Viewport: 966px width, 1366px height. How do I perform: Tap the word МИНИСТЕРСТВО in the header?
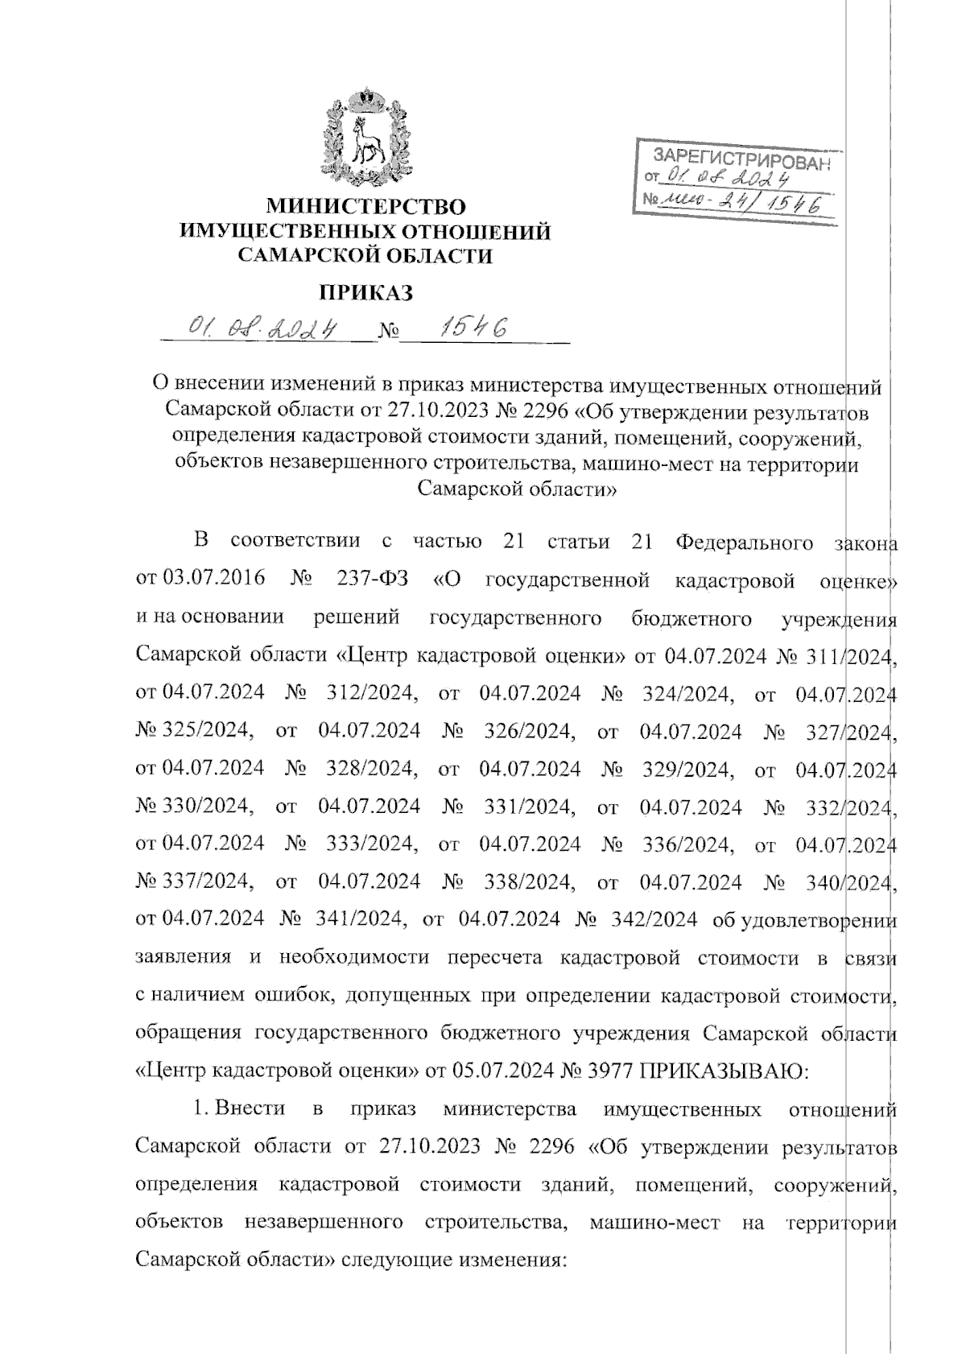pos(366,207)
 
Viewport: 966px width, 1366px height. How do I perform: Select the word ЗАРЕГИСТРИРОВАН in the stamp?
pos(739,159)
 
